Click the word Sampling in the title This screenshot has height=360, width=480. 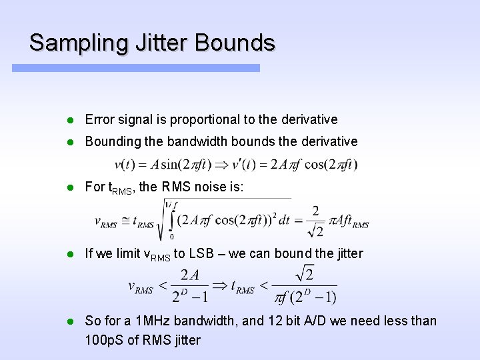click(x=72, y=43)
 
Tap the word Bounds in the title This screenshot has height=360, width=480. click(x=235, y=43)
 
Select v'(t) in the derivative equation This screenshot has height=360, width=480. click(x=251, y=164)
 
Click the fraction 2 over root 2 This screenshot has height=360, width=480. click(x=315, y=221)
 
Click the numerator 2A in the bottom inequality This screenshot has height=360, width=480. click(x=189, y=275)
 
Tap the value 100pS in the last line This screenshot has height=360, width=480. click(x=104, y=340)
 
